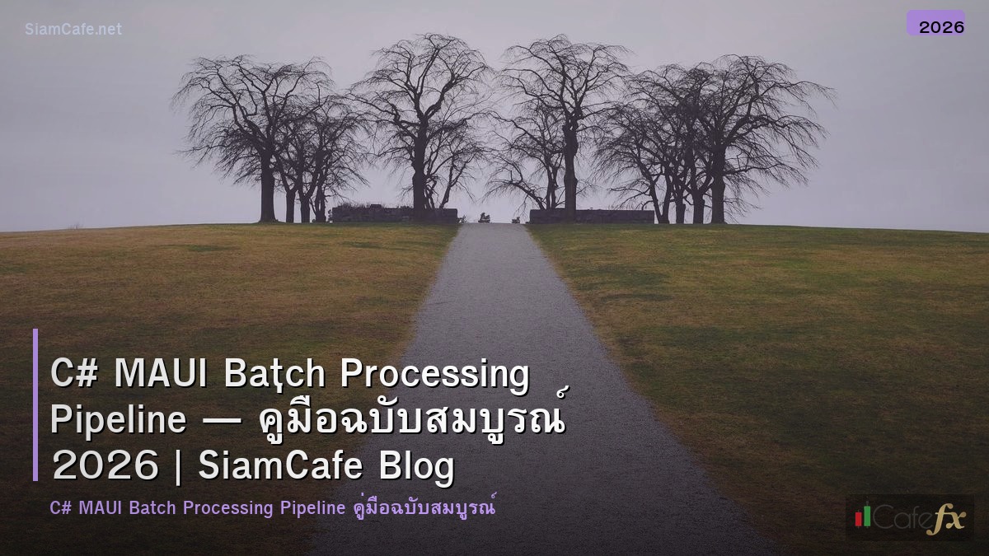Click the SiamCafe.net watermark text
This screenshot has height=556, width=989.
tap(73, 29)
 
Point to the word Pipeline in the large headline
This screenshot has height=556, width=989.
tap(118, 421)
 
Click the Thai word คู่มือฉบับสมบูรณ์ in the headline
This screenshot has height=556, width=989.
tap(412, 420)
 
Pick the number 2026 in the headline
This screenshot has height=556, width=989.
tap(104, 467)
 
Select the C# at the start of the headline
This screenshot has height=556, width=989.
tap(74, 374)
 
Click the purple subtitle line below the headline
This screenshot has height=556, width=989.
tap(273, 507)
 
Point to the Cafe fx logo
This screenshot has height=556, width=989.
tap(910, 517)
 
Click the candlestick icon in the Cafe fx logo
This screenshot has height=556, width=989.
tap(863, 516)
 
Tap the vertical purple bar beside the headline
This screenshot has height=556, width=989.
tap(35, 404)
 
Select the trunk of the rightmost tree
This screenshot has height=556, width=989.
tap(717, 198)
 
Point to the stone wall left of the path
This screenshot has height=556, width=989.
tap(394, 215)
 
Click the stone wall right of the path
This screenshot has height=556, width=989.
tap(591, 216)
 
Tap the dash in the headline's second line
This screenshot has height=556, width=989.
tap(222, 422)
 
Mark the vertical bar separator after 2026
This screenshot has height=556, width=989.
tap(179, 467)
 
